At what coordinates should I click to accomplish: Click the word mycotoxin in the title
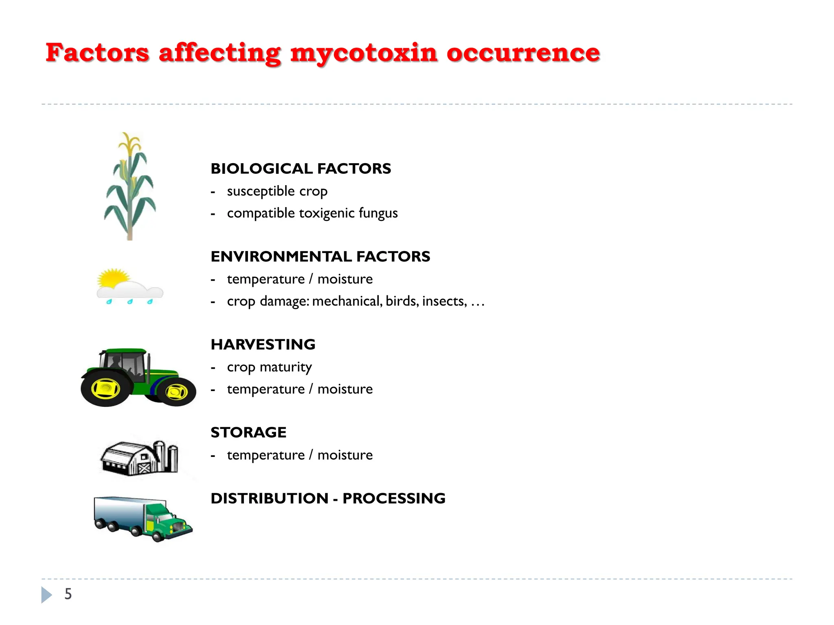pos(364,53)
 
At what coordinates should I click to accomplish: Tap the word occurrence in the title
pos(523,53)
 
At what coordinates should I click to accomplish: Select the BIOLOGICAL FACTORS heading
pos(301,168)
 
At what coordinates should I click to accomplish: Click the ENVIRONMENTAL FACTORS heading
pos(320,256)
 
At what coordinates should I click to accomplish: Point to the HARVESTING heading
pos(263,344)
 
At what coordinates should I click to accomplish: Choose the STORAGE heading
pos(248,432)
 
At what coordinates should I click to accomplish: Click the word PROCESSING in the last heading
pos(394,498)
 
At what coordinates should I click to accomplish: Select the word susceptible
pos(261,191)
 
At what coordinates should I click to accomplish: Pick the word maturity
pos(285,367)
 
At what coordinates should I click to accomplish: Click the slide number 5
pos(68,594)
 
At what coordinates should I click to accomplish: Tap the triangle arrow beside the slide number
pos(46,594)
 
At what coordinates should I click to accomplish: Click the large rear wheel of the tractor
pos(105,389)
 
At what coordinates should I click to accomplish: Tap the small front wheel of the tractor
pos(176,392)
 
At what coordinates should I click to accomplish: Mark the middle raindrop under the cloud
pos(130,302)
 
